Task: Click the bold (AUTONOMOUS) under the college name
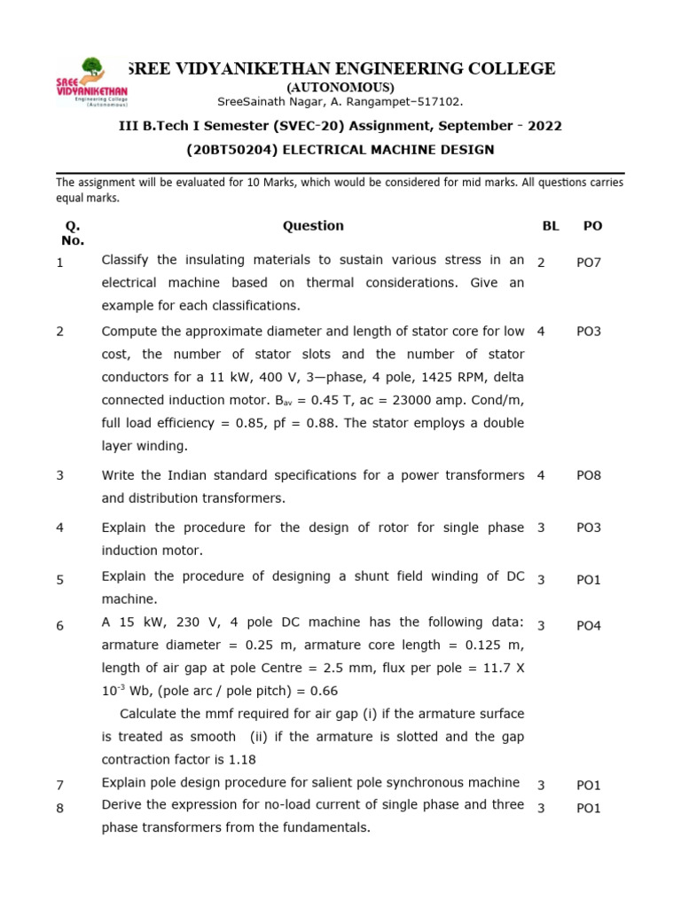point(340,87)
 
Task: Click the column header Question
point(313,226)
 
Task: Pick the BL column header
point(551,226)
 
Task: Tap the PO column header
point(592,226)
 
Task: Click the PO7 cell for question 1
point(589,263)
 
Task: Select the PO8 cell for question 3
point(589,476)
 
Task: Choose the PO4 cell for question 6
point(589,626)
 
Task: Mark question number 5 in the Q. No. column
point(60,580)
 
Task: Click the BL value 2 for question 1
point(541,263)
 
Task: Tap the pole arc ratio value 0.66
point(323,691)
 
